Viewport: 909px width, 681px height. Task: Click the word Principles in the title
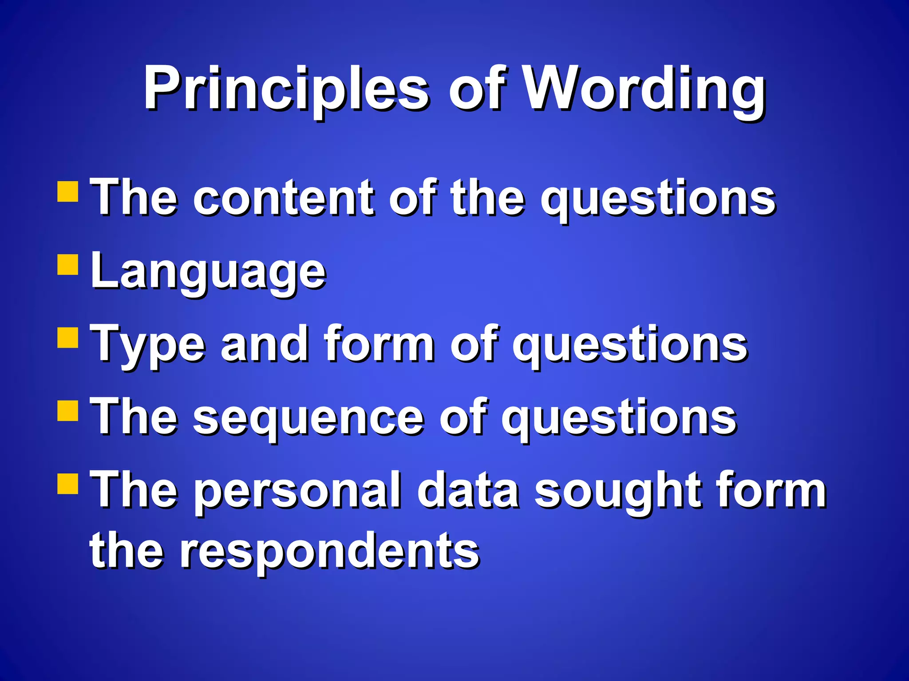point(286,89)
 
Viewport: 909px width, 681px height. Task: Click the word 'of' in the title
point(477,89)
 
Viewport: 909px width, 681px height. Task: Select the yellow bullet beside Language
point(68,265)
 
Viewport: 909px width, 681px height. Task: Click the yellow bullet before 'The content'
point(68,191)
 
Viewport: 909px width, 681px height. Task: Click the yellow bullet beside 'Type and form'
point(68,338)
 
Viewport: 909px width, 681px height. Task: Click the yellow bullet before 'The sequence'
point(68,411)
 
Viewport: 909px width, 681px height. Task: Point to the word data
point(468,490)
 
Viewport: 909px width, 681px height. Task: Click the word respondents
point(328,552)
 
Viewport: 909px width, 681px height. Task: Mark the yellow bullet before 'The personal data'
point(68,484)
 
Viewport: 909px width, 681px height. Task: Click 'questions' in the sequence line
point(619,419)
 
